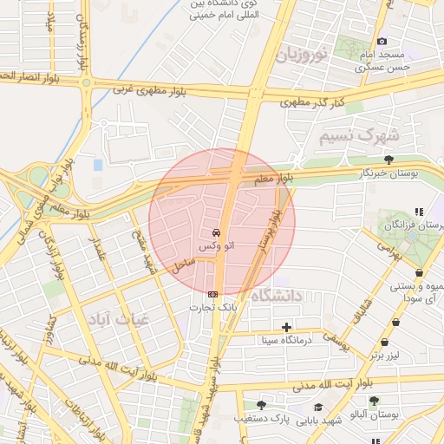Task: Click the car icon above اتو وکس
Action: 215,233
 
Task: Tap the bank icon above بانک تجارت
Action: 213,294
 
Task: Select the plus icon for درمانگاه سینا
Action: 286,327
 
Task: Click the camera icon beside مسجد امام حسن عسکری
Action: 382,41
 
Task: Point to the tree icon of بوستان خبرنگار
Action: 388,160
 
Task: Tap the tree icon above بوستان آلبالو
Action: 374,401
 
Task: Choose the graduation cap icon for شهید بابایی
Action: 318,407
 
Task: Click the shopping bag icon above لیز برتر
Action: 395,323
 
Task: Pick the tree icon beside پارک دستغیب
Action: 261,405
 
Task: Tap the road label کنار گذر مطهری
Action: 312,102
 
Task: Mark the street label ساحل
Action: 182,266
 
